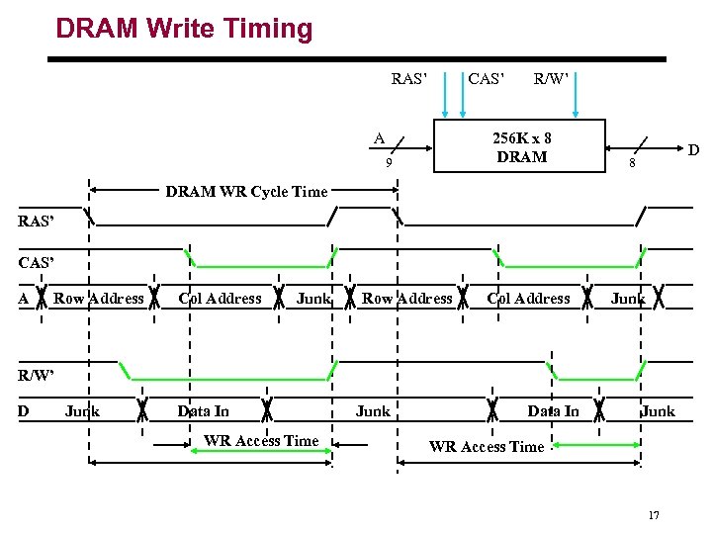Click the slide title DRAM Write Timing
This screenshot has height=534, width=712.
pos(184,29)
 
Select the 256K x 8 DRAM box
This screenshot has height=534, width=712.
pos(522,147)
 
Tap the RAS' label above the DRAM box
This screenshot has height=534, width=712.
pos(409,79)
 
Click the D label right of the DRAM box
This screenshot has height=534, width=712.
pos(693,150)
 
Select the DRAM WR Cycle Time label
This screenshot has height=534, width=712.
pos(247,191)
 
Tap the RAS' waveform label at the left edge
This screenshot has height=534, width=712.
pos(37,222)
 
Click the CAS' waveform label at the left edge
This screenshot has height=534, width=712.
pos(37,263)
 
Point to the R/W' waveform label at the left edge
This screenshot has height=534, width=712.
pos(37,375)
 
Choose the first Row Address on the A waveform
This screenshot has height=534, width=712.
pos(99,299)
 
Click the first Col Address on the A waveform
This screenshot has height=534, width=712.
pos(220,299)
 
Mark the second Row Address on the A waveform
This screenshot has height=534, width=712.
pos(407,299)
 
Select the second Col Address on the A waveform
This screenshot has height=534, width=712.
pos(528,299)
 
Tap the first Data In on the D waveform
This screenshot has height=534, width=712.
pos(203,411)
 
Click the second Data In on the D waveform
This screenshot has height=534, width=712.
pos(553,411)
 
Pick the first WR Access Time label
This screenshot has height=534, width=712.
pos(261,441)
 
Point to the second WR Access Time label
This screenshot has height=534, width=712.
pos(487,447)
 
